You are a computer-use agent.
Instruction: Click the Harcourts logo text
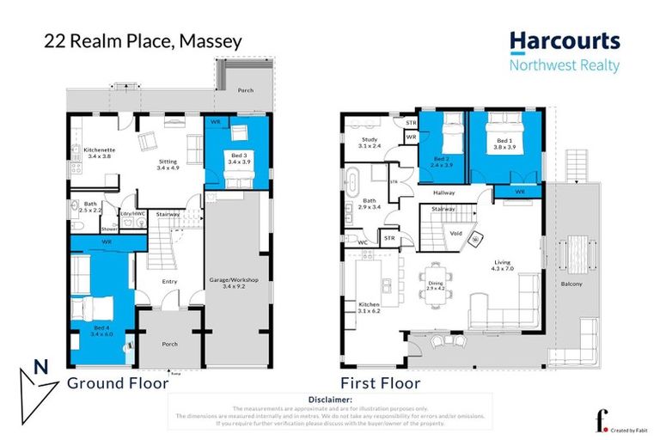click(x=563, y=41)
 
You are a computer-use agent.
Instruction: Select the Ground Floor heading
click(x=117, y=382)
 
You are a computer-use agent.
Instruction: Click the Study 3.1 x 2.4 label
click(x=370, y=142)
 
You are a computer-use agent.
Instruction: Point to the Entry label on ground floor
click(x=170, y=279)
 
